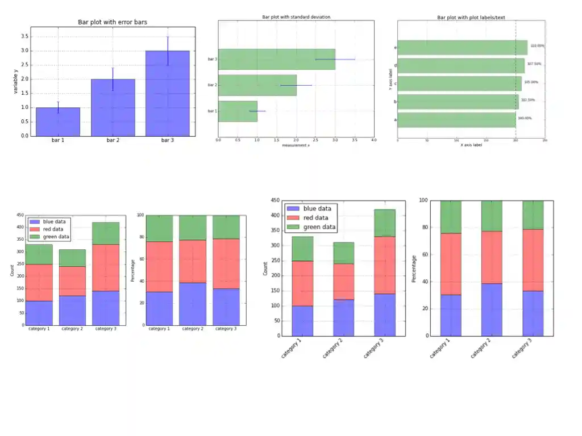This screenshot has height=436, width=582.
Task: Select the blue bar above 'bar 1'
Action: (58, 121)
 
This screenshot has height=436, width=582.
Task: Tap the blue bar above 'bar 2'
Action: (113, 108)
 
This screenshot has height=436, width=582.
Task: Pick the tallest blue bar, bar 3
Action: (167, 94)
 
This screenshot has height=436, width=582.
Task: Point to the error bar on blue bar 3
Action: (168, 51)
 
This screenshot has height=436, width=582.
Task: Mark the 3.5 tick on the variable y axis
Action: (24, 36)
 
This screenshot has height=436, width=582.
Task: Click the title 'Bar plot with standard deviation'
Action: (296, 17)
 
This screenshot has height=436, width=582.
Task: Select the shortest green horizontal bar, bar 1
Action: (238, 111)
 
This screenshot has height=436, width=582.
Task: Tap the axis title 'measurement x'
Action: (296, 146)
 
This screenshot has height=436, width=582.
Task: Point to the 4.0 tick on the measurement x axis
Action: (373, 140)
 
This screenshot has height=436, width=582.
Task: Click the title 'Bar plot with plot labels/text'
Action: (471, 18)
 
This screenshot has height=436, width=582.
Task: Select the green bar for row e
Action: (462, 48)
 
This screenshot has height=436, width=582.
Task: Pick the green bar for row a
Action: (456, 120)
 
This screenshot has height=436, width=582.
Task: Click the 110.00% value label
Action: (537, 46)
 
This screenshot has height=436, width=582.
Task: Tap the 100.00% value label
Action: (525, 118)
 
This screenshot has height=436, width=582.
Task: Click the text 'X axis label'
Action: (471, 145)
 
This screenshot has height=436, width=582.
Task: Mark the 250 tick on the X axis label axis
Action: (545, 140)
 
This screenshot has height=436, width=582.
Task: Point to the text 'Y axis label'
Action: (390, 79)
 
